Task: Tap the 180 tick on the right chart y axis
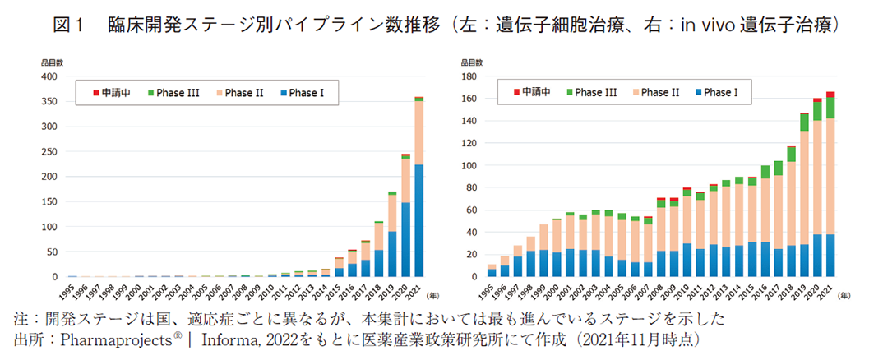coord(469,76)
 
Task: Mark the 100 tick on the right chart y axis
coord(469,166)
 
